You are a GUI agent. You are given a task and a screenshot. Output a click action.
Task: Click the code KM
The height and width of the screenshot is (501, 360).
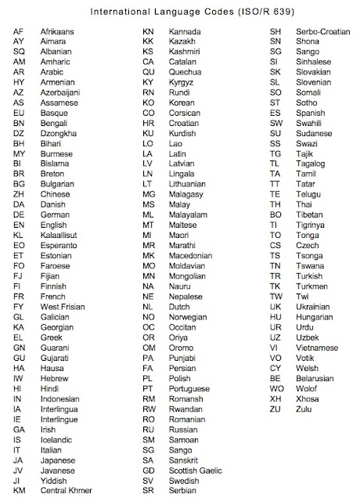[20, 491]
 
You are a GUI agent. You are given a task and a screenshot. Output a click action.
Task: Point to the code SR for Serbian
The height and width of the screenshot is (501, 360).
[148, 491]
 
